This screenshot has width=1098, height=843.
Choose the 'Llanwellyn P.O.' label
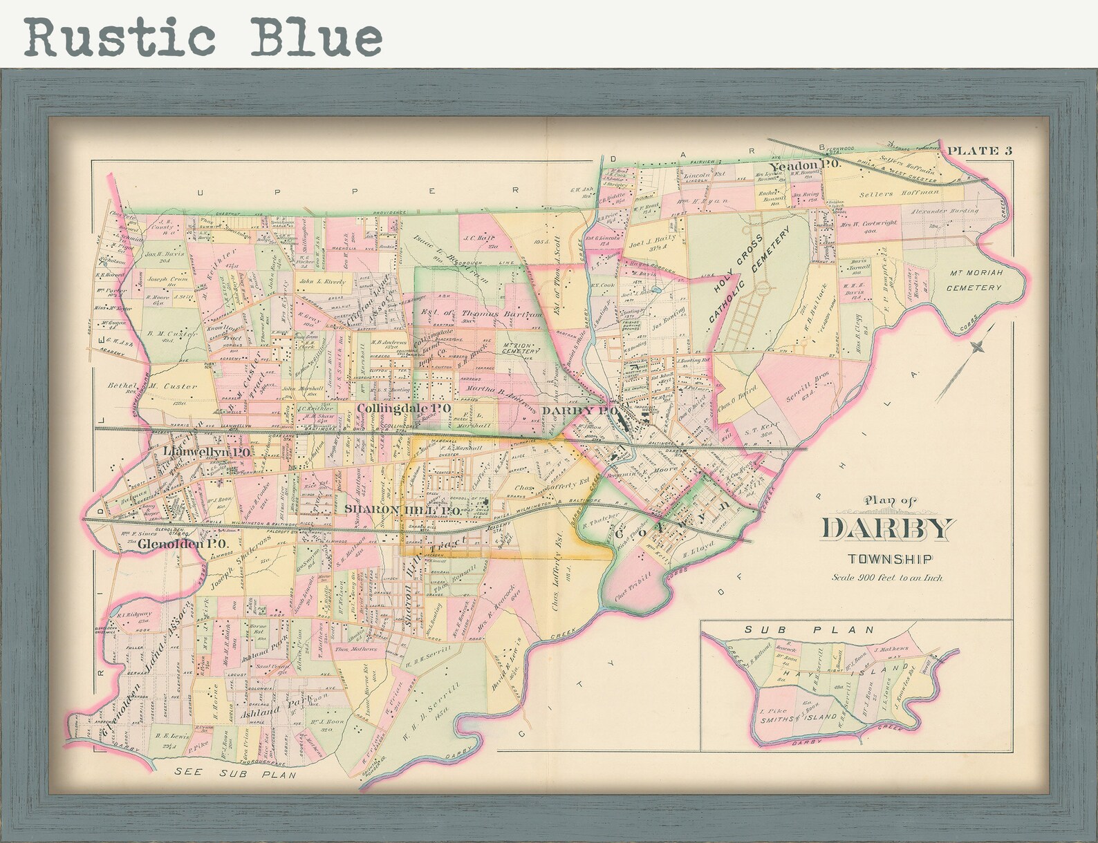207,452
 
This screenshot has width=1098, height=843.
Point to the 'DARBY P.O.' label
579,410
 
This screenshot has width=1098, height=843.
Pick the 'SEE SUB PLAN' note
235,774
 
